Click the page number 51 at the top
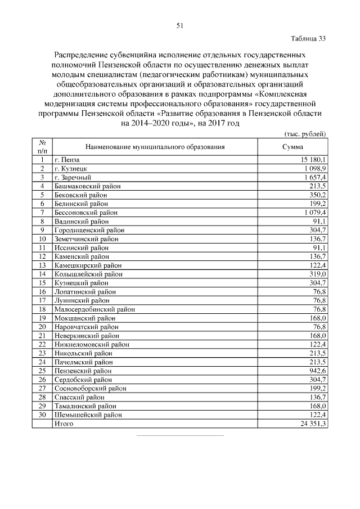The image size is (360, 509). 180,25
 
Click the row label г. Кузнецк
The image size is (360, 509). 70,169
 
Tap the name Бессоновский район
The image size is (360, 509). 86,213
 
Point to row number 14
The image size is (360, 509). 42,274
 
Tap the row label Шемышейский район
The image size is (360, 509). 88,415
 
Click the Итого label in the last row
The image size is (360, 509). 64,423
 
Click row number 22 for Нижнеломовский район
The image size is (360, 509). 42,344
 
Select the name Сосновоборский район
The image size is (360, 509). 90,388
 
